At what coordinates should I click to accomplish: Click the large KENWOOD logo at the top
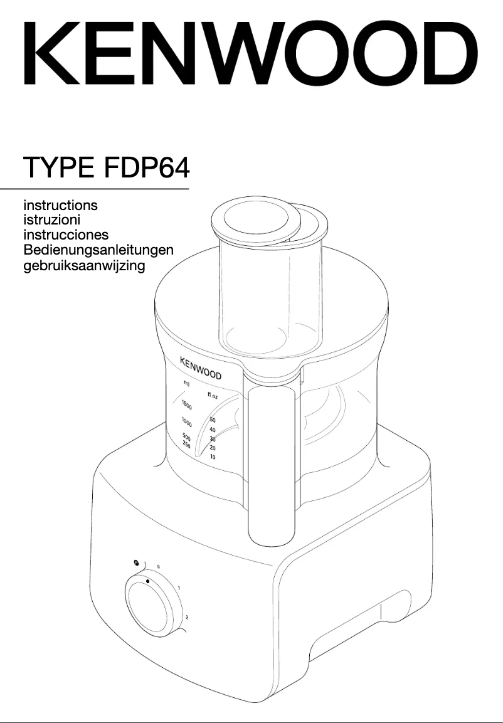pyautogui.click(x=251, y=55)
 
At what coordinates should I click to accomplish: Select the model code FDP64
pyautogui.click(x=147, y=168)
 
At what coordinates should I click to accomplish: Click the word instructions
pyautogui.click(x=60, y=205)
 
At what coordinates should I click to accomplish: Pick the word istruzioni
pyautogui.click(x=51, y=220)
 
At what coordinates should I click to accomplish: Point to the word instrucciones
pyautogui.click(x=66, y=235)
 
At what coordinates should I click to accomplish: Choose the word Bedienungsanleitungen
pyautogui.click(x=98, y=250)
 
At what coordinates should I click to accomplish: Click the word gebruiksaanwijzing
pyautogui.click(x=84, y=265)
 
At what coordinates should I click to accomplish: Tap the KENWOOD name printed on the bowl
pyautogui.click(x=201, y=369)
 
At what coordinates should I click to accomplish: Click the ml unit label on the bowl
pyautogui.click(x=187, y=383)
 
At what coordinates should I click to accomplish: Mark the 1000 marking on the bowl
pyautogui.click(x=186, y=420)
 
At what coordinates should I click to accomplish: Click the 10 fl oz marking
pyautogui.click(x=213, y=457)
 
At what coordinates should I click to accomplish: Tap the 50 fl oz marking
pyautogui.click(x=213, y=420)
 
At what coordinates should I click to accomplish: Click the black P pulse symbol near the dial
pyautogui.click(x=135, y=562)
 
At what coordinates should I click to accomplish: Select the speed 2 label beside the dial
pyautogui.click(x=187, y=617)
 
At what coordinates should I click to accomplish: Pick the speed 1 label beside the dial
pyautogui.click(x=179, y=588)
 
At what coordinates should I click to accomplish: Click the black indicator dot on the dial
pyautogui.click(x=147, y=581)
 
